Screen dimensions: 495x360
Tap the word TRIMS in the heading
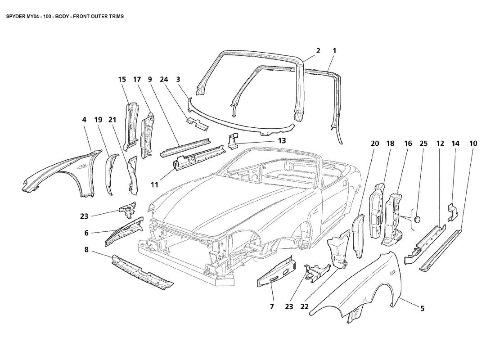[x=116, y=16]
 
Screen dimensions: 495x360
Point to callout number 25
[x=423, y=144]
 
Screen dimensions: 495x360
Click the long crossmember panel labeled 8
[x=142, y=271]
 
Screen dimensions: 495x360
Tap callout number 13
[x=282, y=140]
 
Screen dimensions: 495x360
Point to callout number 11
[x=154, y=184]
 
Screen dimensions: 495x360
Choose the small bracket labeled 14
[x=453, y=212]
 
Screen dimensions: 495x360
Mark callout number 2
[x=318, y=51]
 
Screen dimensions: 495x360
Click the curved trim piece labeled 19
[x=110, y=174]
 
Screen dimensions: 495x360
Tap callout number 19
[x=98, y=120]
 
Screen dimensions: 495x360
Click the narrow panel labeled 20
[x=358, y=235]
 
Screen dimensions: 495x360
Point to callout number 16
[x=408, y=144]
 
